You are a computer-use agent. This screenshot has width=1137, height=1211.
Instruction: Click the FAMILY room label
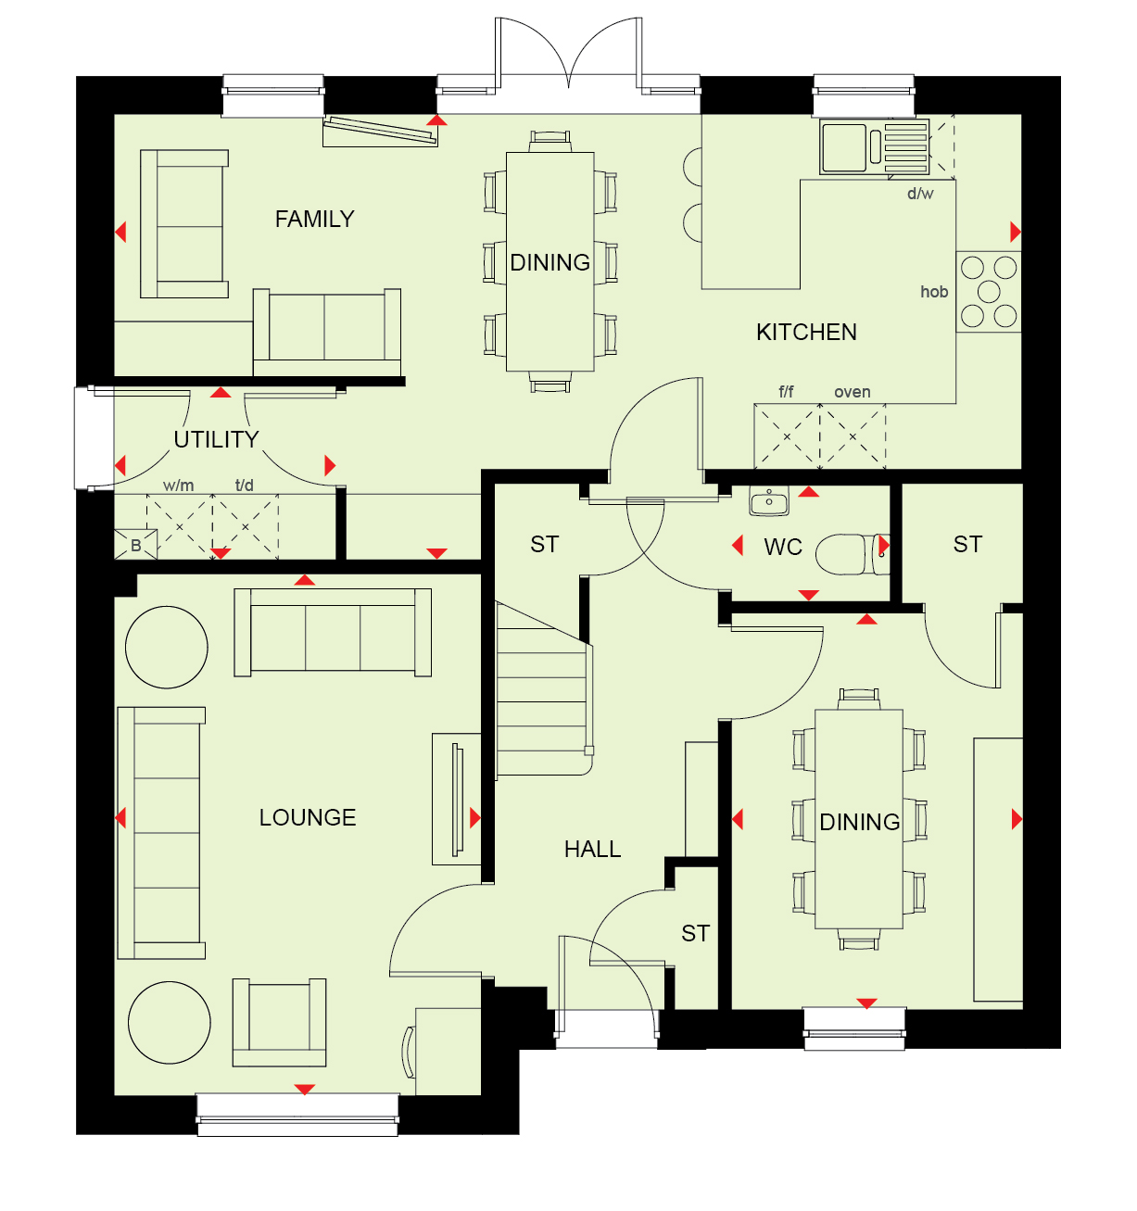coord(314,219)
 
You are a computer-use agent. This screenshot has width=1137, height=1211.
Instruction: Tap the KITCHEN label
coord(806,333)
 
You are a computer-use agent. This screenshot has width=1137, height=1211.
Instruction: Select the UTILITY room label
coord(216,439)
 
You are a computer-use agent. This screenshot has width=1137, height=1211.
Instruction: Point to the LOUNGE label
coord(308,818)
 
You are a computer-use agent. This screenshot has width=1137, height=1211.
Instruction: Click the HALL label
coord(592,850)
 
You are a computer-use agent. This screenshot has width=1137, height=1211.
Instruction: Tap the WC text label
coord(783,547)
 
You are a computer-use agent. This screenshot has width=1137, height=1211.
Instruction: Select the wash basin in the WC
coord(769,500)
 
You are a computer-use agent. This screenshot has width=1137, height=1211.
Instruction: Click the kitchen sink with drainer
coord(874,147)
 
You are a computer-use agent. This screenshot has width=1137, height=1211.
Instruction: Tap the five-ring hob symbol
coord(988,292)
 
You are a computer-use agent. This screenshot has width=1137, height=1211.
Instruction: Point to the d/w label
coord(920,194)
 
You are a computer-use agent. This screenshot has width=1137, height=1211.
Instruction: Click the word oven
coord(853,392)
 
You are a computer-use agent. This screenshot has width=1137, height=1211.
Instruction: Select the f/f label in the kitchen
coord(786,392)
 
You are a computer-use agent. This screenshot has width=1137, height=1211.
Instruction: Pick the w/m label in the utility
coord(179,486)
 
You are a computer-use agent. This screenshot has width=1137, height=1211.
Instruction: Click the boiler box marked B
coord(136,545)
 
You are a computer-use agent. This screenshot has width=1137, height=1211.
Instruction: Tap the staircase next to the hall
coord(544,689)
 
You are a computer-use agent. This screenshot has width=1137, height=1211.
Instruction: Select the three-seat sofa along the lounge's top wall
coord(333,632)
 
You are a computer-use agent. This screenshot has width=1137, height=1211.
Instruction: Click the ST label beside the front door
coord(695,934)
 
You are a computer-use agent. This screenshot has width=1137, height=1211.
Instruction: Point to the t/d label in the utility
coord(244,486)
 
